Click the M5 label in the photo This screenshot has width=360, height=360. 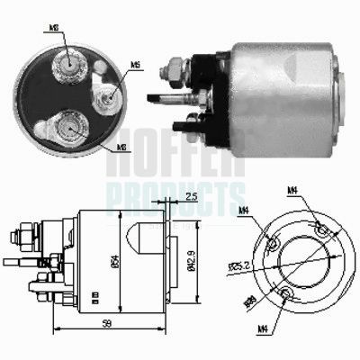[x=135, y=65]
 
